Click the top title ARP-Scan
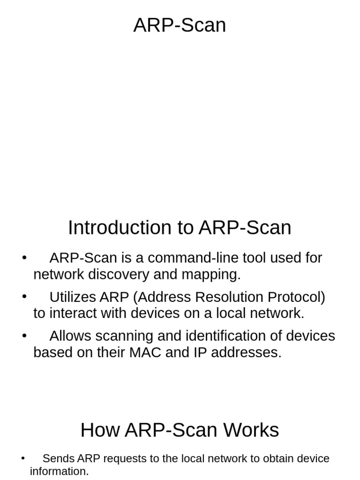(x=180, y=25)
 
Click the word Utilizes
(x=73, y=297)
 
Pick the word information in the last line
(x=59, y=471)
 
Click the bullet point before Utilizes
(x=24, y=297)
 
